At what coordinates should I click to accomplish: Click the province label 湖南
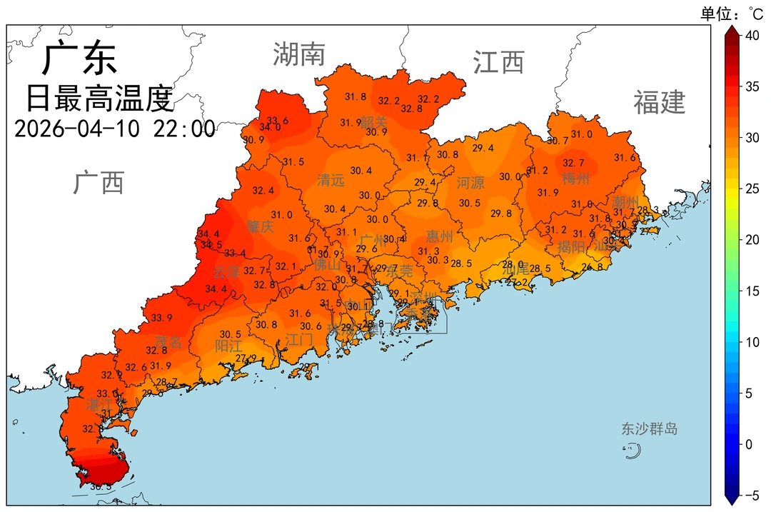299,54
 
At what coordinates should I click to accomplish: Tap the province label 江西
498,62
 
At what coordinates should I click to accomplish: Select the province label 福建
659,103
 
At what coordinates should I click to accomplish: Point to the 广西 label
99,183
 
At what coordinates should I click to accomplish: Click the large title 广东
79,59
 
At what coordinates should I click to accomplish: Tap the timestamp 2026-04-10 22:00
114,129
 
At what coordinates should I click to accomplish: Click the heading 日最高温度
100,98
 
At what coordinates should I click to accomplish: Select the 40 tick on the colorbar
752,36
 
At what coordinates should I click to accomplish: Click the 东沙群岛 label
649,429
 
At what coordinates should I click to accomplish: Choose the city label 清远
331,181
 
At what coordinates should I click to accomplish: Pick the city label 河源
470,183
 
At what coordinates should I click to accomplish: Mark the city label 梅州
576,179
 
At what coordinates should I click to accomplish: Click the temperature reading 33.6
278,121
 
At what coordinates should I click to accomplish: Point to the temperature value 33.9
161,318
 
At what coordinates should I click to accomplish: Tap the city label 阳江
228,346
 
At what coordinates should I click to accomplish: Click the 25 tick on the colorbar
752,189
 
